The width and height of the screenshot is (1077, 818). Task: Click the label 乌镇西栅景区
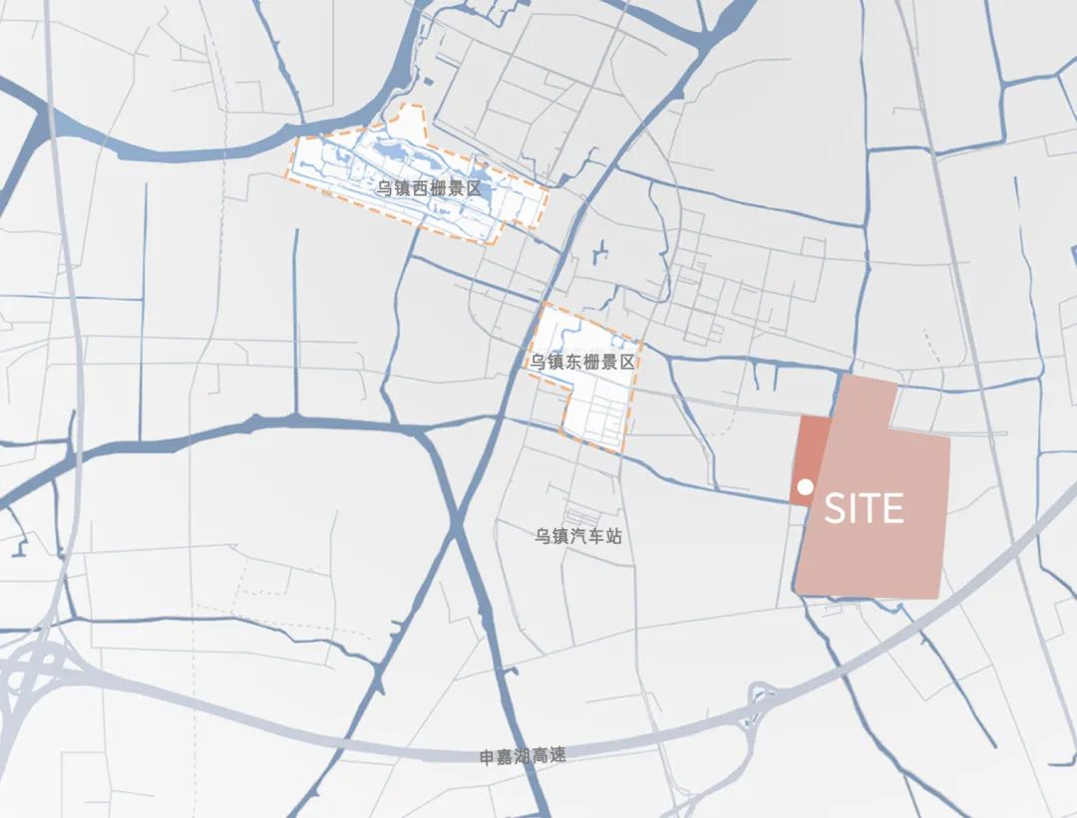(429, 187)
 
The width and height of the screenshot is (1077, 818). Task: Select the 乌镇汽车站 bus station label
(577, 536)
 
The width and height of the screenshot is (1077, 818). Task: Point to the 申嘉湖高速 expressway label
(523, 756)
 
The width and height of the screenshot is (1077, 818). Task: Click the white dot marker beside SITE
(805, 488)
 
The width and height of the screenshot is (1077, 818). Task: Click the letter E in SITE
(892, 509)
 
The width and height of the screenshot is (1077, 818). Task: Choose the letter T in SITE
(869, 509)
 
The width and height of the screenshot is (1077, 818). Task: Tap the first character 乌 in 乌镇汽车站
(541, 536)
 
